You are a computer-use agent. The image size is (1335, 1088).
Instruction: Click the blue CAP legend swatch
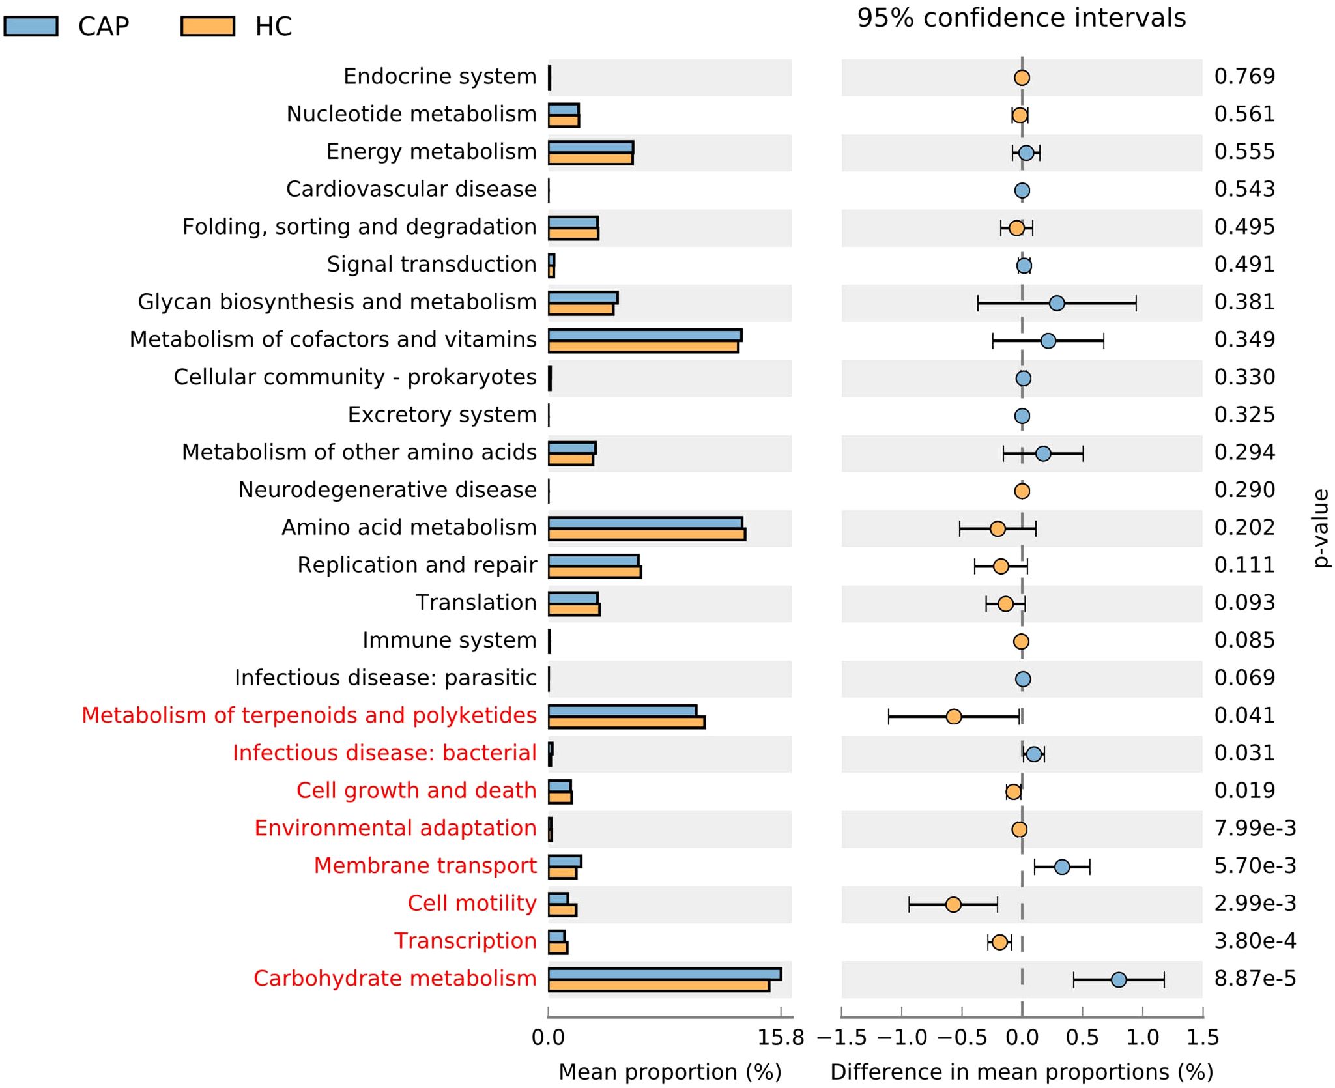pyautogui.click(x=31, y=26)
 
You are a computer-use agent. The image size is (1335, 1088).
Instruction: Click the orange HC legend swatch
pyautogui.click(x=207, y=26)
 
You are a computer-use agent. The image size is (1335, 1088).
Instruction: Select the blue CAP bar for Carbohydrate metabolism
pyautogui.click(x=665, y=974)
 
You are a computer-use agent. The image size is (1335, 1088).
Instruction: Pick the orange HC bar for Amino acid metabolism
pyautogui.click(x=646, y=535)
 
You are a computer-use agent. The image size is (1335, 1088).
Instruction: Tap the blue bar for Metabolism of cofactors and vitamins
pyautogui.click(x=645, y=336)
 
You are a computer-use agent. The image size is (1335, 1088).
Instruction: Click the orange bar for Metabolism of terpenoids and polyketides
pyautogui.click(x=626, y=722)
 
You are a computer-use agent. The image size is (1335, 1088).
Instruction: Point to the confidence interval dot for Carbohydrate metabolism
pyautogui.click(x=1119, y=979)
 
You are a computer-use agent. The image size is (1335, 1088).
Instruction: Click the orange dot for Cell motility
pyautogui.click(x=953, y=904)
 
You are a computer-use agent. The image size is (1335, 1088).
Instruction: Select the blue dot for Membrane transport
pyautogui.click(x=1062, y=866)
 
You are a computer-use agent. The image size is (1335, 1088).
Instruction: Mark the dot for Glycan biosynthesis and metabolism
pyautogui.click(x=1057, y=303)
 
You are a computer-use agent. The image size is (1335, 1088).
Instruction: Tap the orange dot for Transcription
pyautogui.click(x=999, y=942)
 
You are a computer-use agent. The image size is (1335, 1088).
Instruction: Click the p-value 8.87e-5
pyautogui.click(x=1255, y=979)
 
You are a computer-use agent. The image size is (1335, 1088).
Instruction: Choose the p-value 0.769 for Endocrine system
pyautogui.click(x=1244, y=76)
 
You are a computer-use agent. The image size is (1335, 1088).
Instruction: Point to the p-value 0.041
pyautogui.click(x=1244, y=715)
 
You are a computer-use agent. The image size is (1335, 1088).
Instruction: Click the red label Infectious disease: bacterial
pyautogui.click(x=384, y=753)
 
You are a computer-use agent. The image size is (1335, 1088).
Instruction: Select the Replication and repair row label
pyautogui.click(x=417, y=565)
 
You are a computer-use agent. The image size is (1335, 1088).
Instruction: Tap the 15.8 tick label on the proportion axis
pyautogui.click(x=781, y=1037)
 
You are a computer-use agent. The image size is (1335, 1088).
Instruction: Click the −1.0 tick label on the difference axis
pyautogui.click(x=902, y=1037)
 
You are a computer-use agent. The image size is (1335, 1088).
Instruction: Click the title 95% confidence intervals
pyautogui.click(x=1021, y=18)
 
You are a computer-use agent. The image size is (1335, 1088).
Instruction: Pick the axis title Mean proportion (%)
pyautogui.click(x=670, y=1072)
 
